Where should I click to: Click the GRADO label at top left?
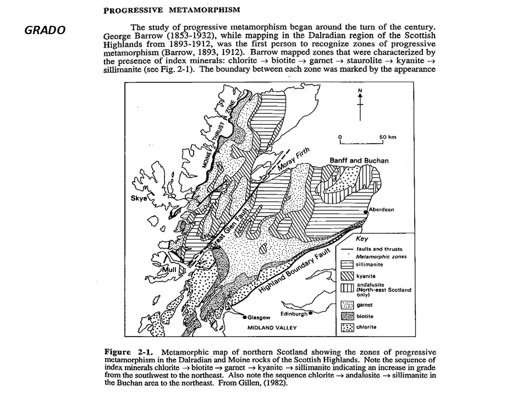45,30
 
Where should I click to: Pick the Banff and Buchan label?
359,161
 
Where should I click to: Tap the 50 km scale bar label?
388,136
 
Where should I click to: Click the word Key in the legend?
361,240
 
